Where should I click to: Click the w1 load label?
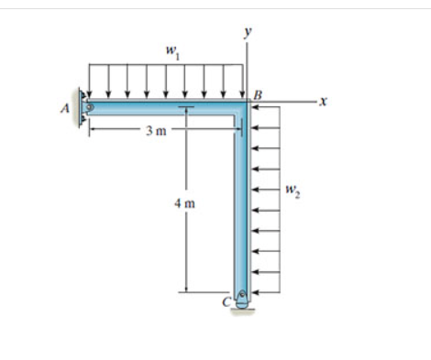tap(172, 52)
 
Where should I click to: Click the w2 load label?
tap(293, 191)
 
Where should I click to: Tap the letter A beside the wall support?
tap(65, 108)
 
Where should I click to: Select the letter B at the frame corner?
tap(258, 95)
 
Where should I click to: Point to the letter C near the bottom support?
tap(227, 301)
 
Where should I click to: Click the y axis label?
tap(248, 32)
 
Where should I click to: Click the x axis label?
tap(323, 101)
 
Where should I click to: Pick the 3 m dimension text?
tap(156, 131)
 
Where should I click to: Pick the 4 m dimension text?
tap(184, 203)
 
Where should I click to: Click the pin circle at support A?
tap(90, 107)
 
